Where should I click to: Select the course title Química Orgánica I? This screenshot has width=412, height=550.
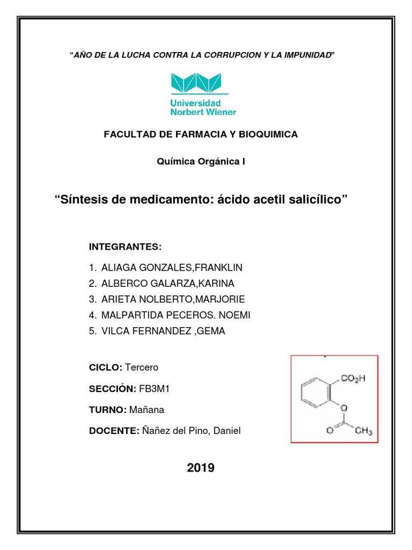[201, 161]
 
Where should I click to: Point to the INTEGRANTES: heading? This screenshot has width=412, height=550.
[125, 247]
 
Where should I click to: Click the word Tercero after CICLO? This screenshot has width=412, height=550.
[141, 367]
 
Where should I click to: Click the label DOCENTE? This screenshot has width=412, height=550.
[114, 431]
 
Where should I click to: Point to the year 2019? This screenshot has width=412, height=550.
[201, 468]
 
